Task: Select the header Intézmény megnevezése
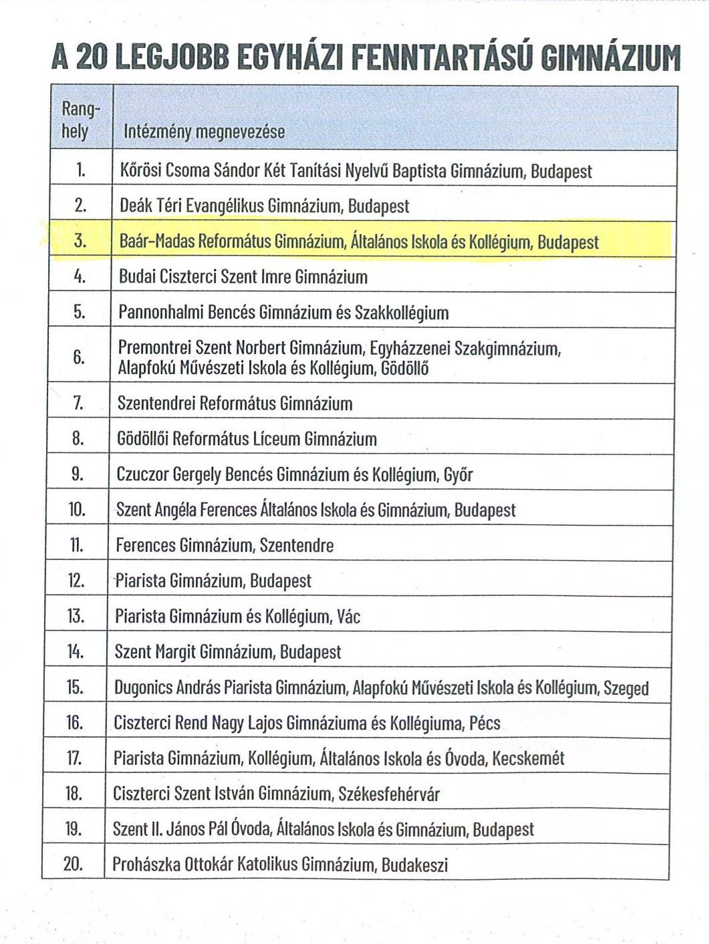pyautogui.click(x=204, y=132)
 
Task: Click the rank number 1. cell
pyautogui.click(x=81, y=170)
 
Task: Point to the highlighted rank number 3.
pyautogui.click(x=80, y=241)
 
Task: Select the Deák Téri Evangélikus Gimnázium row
pyautogui.click(x=264, y=206)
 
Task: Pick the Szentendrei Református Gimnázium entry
pyautogui.click(x=235, y=404)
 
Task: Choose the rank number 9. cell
pyautogui.click(x=78, y=474)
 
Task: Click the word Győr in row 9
pyautogui.click(x=458, y=475)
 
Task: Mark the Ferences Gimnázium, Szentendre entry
pyautogui.click(x=225, y=545)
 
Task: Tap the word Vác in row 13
pyautogui.click(x=348, y=616)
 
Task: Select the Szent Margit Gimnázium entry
pyautogui.click(x=228, y=651)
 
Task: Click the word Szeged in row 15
pyautogui.click(x=625, y=687)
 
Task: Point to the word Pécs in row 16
pyautogui.click(x=484, y=723)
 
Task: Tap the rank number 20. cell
pyautogui.click(x=73, y=864)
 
